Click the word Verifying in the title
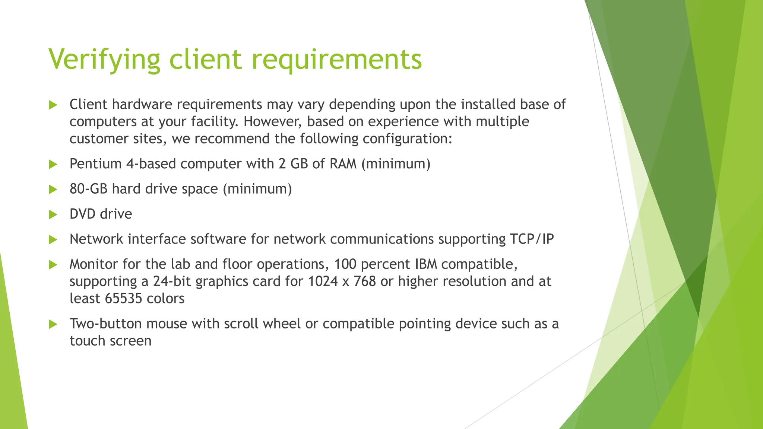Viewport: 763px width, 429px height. coord(104,60)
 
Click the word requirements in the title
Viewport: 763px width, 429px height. coord(337,60)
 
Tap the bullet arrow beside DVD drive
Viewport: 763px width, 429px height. coord(53,214)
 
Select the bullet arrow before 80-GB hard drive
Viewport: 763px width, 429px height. coord(53,190)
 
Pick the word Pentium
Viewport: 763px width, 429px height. coord(95,164)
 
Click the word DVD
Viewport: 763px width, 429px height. coord(82,214)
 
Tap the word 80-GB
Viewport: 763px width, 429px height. coord(88,189)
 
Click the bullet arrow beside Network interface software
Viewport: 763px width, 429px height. coord(53,240)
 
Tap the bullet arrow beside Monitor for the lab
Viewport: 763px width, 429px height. coord(53,265)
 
